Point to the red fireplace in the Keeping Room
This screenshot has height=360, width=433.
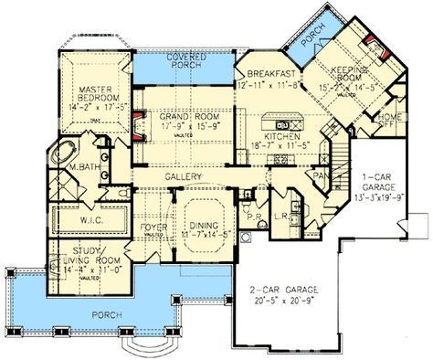pos(371,42)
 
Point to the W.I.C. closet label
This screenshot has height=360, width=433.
pos(89,218)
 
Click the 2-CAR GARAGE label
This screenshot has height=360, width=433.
pos(280,291)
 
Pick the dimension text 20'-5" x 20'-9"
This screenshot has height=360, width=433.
pos(280,301)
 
